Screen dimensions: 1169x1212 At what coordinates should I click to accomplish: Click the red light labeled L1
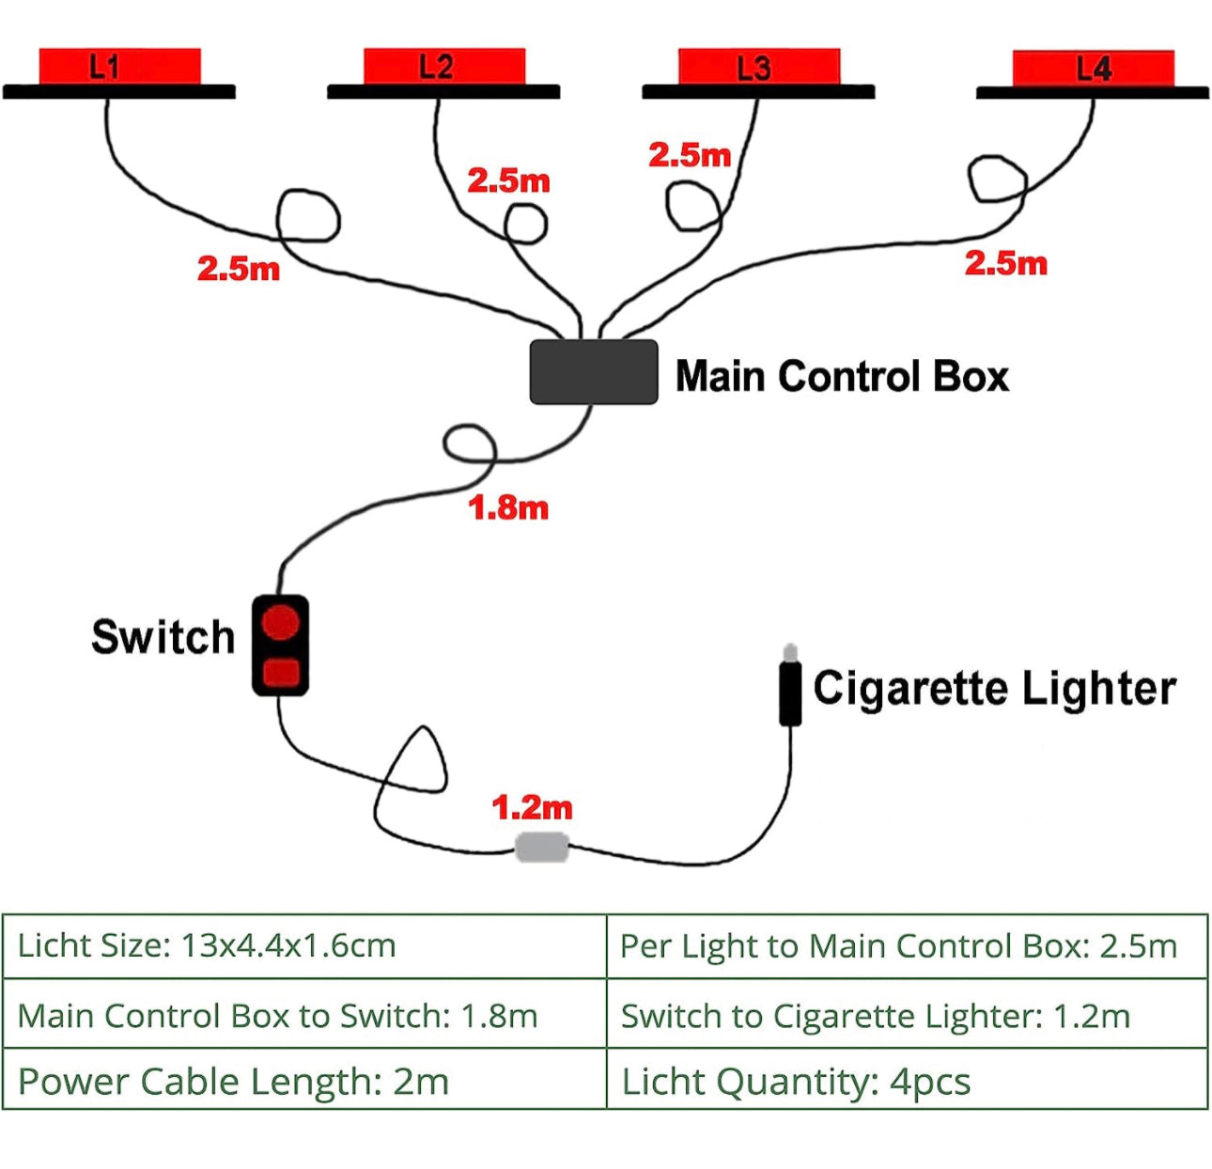(119, 66)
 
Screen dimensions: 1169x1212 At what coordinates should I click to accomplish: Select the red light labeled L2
(443, 66)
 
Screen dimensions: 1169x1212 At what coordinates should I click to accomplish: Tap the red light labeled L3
(759, 67)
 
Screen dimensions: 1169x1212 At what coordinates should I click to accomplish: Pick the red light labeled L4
(1093, 68)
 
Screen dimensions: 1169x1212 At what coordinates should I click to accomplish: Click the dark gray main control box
(594, 372)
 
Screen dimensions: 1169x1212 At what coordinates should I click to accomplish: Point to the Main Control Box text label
(842, 376)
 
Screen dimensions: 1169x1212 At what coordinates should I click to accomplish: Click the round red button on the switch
(280, 622)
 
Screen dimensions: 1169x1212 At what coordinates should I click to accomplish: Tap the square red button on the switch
(280, 672)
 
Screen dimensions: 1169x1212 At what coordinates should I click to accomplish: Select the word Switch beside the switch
(163, 637)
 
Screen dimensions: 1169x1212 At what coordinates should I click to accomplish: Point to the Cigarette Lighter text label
(994, 688)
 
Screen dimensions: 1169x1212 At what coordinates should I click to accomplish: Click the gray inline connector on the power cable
(542, 847)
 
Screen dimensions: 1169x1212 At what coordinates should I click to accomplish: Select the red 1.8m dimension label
(508, 508)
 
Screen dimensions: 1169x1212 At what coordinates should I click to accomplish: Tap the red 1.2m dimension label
(532, 807)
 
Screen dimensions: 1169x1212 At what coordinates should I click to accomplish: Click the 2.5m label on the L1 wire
(239, 269)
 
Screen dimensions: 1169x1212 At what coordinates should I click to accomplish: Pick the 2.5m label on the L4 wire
(1005, 263)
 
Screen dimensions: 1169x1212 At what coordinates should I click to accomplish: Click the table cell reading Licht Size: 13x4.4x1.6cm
(304, 945)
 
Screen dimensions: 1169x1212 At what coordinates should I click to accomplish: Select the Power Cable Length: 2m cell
(304, 1081)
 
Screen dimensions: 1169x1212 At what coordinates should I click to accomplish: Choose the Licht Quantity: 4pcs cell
(907, 1081)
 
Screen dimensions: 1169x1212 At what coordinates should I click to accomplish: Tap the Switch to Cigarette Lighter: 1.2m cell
(907, 1015)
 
